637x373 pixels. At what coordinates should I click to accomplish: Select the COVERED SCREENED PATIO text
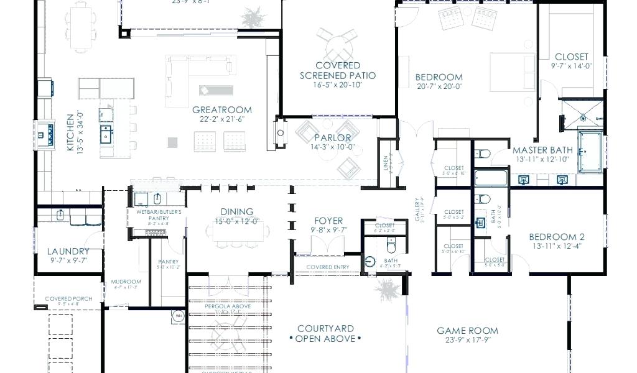coord(338,70)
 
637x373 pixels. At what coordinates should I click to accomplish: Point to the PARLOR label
coord(332,137)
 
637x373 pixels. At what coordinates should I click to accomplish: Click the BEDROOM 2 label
coord(557,236)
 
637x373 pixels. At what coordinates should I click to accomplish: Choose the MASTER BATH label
coord(542,150)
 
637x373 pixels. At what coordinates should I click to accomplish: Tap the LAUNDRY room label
coord(68,251)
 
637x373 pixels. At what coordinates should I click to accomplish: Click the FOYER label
coord(328,220)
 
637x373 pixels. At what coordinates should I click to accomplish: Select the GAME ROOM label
coord(467,331)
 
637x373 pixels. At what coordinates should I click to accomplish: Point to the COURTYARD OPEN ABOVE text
coord(325,333)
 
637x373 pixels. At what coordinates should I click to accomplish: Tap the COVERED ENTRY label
coord(327,267)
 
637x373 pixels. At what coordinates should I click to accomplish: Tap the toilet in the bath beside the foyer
coord(391,262)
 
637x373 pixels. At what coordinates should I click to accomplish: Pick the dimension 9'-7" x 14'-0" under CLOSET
coord(571,66)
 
